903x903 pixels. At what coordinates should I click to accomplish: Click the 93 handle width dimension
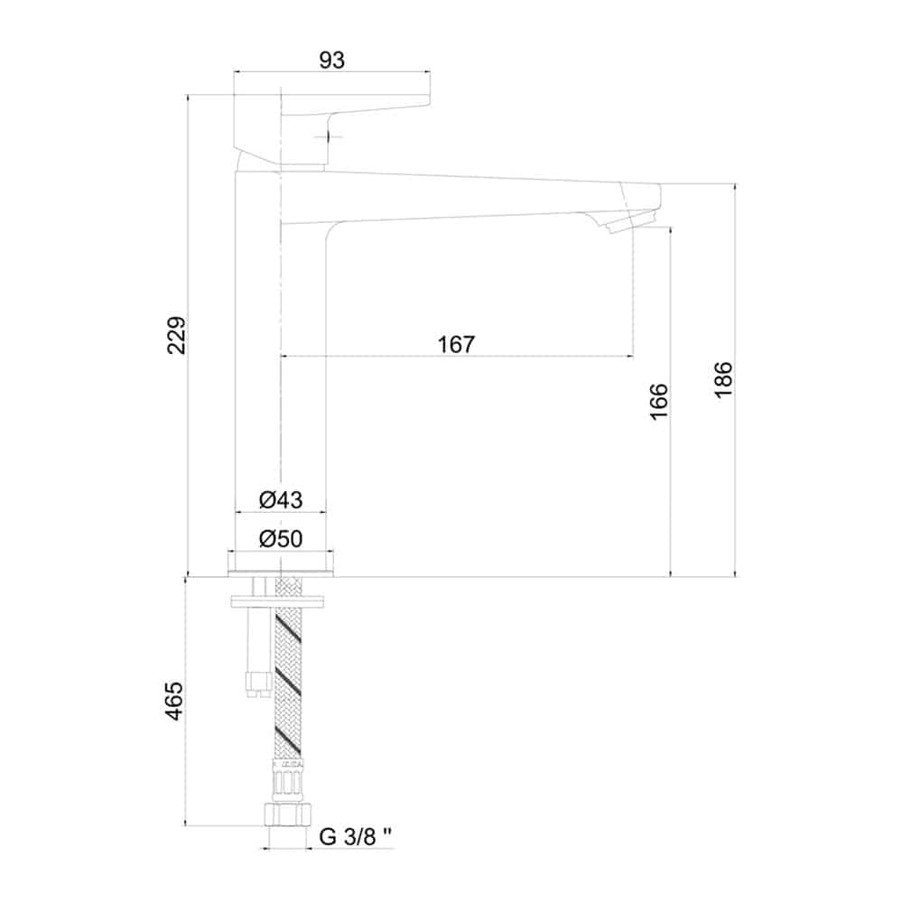(x=331, y=61)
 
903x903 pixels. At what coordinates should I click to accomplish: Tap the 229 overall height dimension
(x=177, y=335)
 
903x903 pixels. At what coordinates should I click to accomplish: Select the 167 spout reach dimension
(x=456, y=344)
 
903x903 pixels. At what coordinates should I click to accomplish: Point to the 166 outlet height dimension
(x=658, y=402)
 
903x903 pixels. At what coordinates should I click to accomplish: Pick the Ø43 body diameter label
(x=281, y=499)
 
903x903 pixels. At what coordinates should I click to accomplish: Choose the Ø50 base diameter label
(x=281, y=539)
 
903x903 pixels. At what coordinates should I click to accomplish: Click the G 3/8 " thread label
(x=355, y=837)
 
